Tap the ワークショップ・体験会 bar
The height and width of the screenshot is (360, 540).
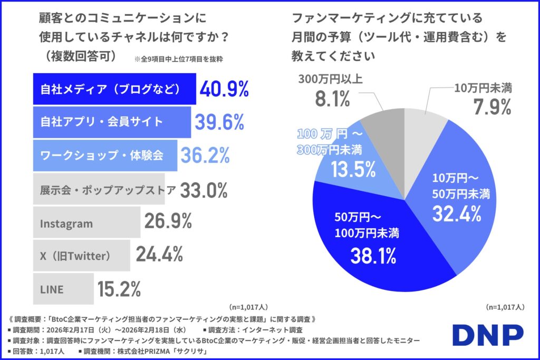[x=105, y=155]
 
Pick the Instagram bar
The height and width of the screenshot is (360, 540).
[x=86, y=223]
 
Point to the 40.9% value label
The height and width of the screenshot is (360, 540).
[x=224, y=89]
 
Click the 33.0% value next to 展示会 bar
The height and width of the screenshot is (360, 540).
[x=204, y=189]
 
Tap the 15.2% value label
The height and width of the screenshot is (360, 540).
[x=119, y=289]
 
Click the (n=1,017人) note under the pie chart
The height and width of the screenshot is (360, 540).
[x=505, y=306]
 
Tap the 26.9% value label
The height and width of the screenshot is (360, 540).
[x=168, y=222]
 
